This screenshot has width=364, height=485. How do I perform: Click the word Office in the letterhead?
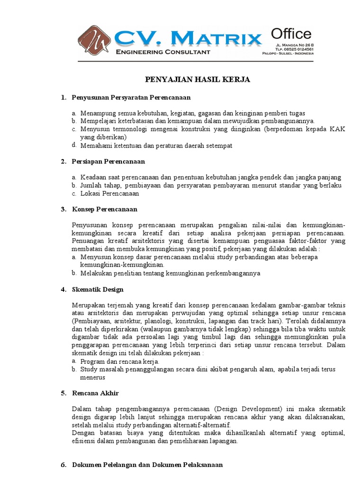click(291, 34)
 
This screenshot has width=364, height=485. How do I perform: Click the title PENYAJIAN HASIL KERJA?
click(197, 80)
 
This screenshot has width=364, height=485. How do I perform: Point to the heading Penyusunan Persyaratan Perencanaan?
click(131, 98)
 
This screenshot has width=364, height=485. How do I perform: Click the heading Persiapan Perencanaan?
click(109, 162)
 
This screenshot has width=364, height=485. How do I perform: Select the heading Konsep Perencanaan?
click(104, 209)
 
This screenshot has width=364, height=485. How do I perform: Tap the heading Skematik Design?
click(98, 289)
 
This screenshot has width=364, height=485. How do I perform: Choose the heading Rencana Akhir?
click(95, 393)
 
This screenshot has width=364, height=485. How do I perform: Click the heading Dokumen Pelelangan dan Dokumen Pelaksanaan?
click(147, 465)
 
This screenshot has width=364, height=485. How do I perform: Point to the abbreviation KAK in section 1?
click(338, 129)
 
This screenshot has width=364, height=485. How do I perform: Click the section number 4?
click(64, 289)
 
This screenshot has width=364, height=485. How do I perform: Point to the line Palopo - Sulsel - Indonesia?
click(288, 54)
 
